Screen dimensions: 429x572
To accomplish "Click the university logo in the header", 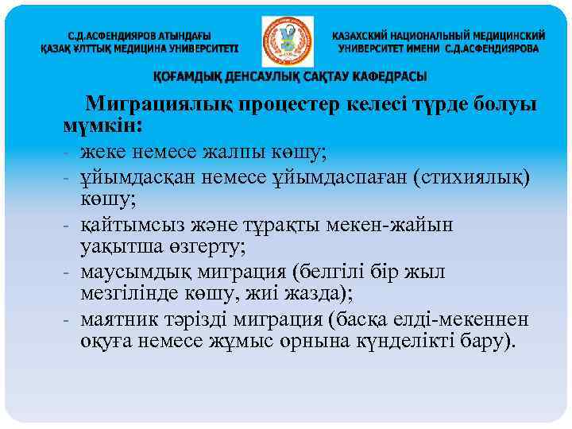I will (287, 42).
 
